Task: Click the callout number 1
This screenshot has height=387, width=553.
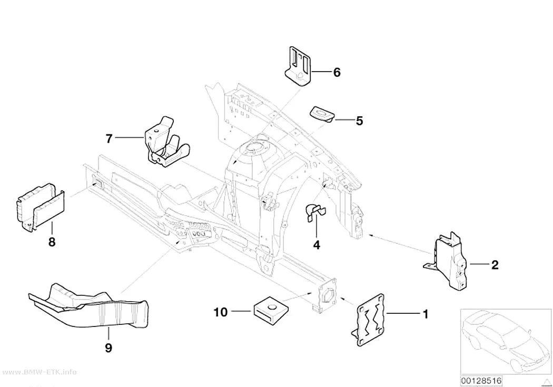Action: tap(426, 313)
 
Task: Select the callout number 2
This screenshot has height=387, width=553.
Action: tap(495, 265)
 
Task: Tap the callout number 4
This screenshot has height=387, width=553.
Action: tap(317, 245)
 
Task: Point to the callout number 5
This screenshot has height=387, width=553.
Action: tap(359, 121)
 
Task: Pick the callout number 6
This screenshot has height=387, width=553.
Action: tap(337, 72)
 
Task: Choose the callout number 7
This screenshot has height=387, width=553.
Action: tap(109, 138)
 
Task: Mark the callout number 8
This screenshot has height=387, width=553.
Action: tap(52, 242)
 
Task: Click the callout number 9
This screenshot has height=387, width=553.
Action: tap(108, 348)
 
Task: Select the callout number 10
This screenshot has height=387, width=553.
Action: tap(221, 312)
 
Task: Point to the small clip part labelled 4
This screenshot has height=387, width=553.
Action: tap(314, 212)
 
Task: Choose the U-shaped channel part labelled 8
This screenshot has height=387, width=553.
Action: tap(39, 208)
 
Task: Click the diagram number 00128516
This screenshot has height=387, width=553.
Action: tap(481, 381)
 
